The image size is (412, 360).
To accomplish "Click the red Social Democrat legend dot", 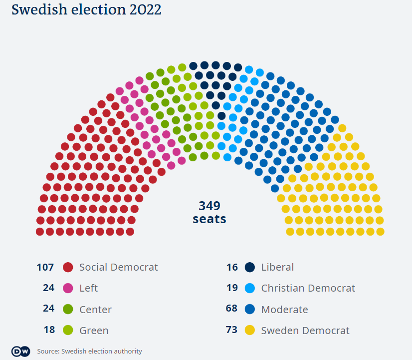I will (x=68, y=267).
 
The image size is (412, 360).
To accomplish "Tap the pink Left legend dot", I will (x=68, y=288).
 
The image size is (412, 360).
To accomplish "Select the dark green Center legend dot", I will (x=68, y=309).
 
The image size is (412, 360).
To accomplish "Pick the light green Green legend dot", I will (x=68, y=330).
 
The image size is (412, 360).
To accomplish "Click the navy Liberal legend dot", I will (x=250, y=267).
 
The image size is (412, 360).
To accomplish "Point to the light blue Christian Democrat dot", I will (x=250, y=288).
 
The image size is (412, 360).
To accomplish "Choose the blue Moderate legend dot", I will (x=250, y=309).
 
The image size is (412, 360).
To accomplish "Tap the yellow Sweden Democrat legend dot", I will (x=250, y=330).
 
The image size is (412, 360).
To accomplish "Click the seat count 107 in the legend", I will (x=45, y=267).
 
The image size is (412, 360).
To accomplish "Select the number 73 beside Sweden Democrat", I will (x=232, y=330).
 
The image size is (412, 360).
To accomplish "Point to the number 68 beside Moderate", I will (x=232, y=309).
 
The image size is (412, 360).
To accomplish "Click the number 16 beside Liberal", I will (x=232, y=267).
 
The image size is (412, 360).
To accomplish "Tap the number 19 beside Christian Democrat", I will (x=232, y=288).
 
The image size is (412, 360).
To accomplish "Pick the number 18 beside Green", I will (x=48, y=330).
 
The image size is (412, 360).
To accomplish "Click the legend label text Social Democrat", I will (x=118, y=267).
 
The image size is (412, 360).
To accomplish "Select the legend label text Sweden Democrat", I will (x=305, y=330).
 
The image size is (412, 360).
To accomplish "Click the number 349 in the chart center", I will (x=209, y=206).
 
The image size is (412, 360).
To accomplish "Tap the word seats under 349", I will (x=209, y=219).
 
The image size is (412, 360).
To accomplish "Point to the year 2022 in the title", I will (x=143, y=10).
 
